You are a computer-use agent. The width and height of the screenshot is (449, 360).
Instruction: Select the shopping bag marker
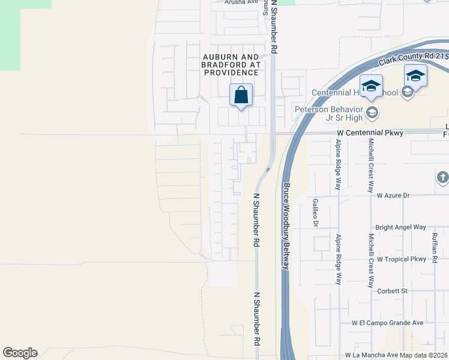(241, 95)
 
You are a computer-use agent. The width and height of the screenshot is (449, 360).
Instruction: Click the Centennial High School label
(354, 92)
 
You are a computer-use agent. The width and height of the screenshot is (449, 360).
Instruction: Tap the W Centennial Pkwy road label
(369, 132)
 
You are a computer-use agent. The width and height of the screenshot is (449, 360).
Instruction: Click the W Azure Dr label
(393, 196)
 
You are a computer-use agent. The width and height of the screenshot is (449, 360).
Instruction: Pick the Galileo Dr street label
(315, 213)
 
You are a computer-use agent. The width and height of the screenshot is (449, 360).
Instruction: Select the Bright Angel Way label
(400, 227)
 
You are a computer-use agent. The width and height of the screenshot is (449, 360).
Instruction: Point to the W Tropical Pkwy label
(401, 259)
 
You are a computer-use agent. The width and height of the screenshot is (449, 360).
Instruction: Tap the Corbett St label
(392, 291)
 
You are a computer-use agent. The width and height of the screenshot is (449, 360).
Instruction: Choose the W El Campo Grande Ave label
(388, 323)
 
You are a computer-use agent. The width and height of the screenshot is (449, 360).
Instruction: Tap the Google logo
(20, 353)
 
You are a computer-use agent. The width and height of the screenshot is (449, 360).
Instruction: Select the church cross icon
(442, 178)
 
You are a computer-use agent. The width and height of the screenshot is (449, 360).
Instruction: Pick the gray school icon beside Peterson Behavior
(372, 112)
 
